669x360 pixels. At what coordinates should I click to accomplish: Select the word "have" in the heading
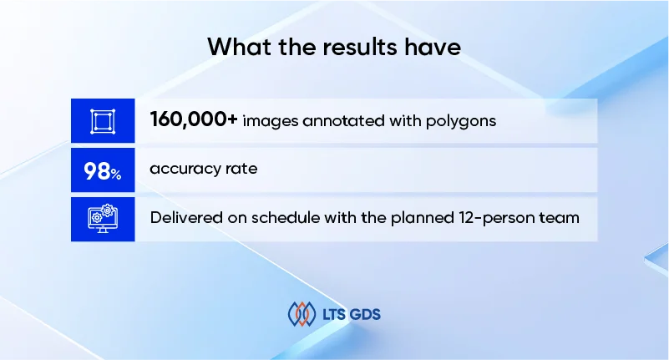point(433,47)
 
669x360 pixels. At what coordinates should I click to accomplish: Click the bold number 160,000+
point(194,120)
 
